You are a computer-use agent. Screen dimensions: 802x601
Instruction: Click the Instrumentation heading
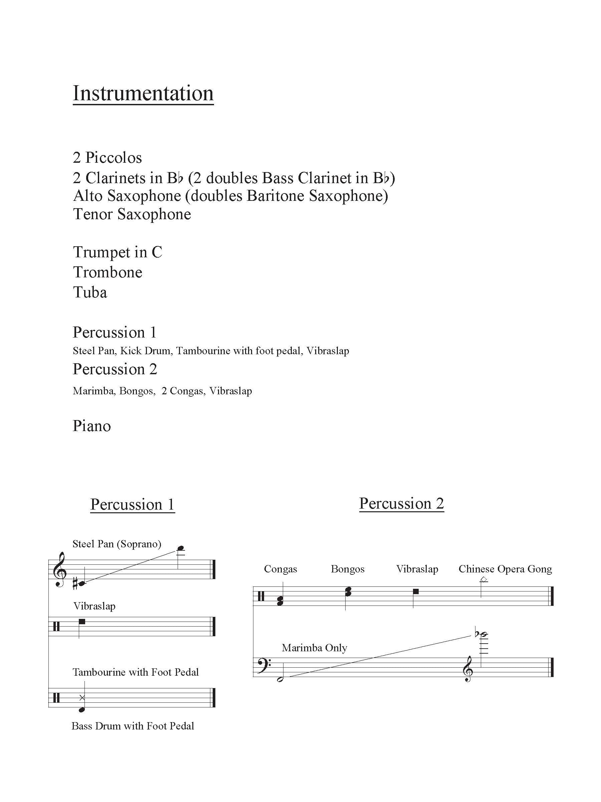(x=143, y=94)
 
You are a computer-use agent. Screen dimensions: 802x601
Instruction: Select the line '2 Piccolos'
(x=107, y=158)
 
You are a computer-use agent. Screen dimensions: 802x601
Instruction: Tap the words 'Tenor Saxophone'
(x=132, y=214)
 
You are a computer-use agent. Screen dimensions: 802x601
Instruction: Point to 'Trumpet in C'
(x=118, y=252)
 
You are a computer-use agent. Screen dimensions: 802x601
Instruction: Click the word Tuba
(x=90, y=292)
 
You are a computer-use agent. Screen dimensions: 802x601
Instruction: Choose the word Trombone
(x=108, y=272)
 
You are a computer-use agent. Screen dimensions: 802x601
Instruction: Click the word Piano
(x=92, y=426)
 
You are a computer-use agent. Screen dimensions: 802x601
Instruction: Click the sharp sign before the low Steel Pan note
(x=75, y=584)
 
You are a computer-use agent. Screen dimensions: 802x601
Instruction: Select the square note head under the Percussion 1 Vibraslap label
(x=82, y=622)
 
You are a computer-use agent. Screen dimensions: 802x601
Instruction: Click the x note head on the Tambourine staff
(x=82, y=698)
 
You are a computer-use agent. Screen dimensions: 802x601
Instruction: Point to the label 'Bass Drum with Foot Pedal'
(x=133, y=726)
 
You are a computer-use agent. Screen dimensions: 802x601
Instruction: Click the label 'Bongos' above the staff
(x=348, y=569)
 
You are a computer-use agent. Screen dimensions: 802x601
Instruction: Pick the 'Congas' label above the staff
(x=280, y=569)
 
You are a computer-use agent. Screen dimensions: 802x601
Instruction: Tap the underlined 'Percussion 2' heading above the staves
(x=401, y=503)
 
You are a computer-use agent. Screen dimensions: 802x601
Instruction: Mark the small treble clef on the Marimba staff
(x=468, y=669)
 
